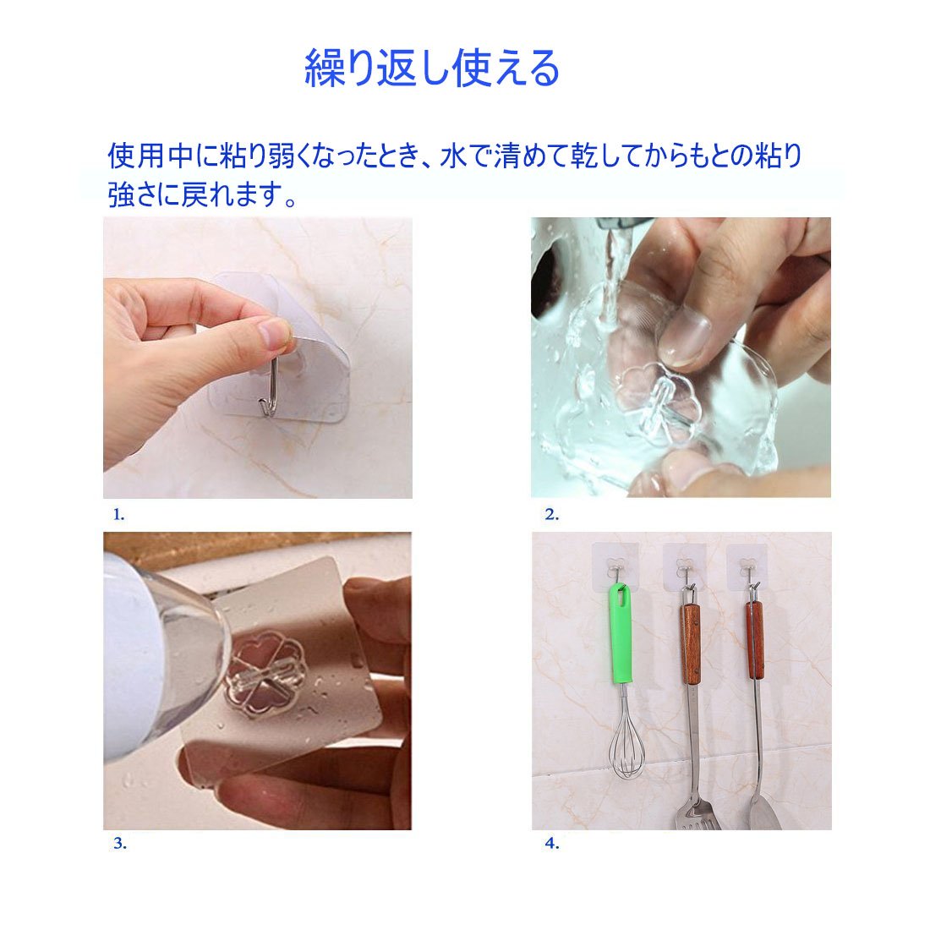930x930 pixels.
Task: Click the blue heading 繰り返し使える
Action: (x=432, y=68)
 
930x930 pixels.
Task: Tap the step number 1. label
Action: (x=118, y=515)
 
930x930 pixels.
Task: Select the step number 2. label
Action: (x=551, y=515)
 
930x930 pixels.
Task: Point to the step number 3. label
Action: (x=120, y=843)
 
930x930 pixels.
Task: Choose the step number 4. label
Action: (x=552, y=843)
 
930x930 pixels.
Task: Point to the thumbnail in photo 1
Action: (x=273, y=334)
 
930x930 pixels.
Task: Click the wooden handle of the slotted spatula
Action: (x=690, y=643)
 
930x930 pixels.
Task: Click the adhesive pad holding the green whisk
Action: (x=615, y=567)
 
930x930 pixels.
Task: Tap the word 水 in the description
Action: (x=452, y=156)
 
